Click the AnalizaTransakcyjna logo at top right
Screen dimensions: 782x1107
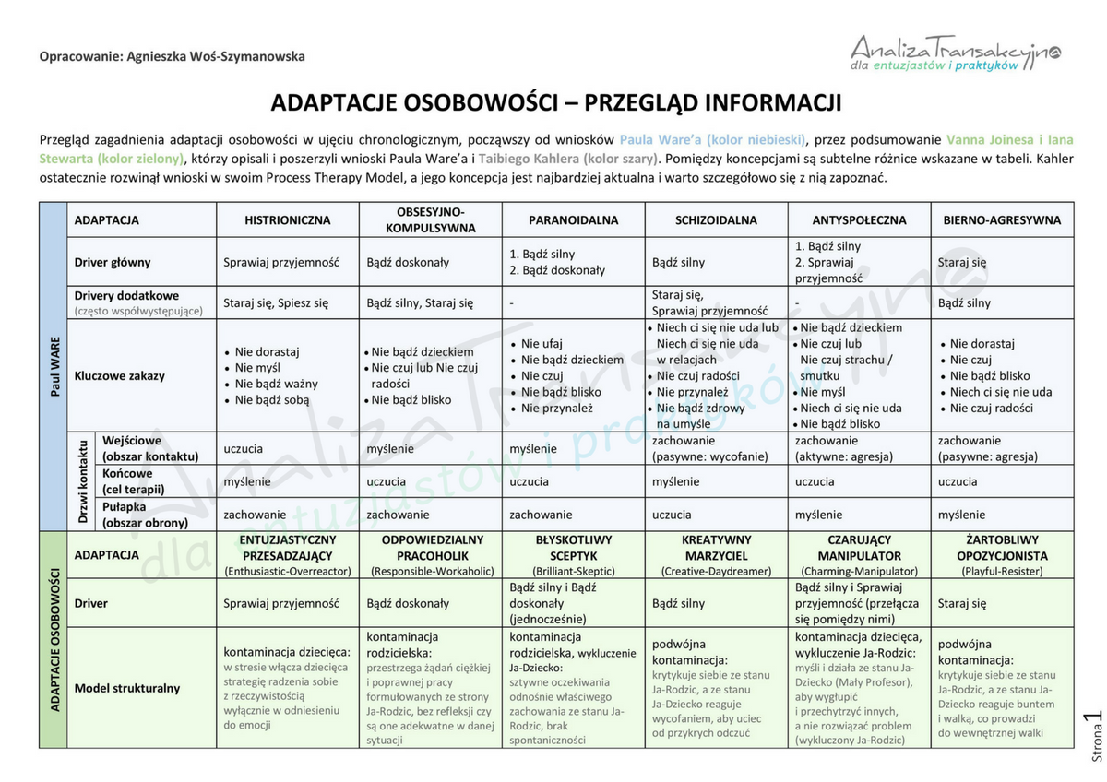tap(956, 52)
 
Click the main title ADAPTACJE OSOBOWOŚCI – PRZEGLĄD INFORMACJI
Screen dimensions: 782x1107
tap(556, 102)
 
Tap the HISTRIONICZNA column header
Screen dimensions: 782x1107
tap(287, 220)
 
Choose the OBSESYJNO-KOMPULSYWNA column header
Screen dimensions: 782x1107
tap(430, 219)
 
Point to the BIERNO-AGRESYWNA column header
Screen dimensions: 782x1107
tap(1002, 220)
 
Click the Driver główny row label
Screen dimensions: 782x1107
tap(112, 262)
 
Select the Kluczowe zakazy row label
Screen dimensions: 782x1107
tap(119, 375)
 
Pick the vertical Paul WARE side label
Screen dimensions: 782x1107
tap(54, 366)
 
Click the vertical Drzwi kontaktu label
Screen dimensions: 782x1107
tap(82, 481)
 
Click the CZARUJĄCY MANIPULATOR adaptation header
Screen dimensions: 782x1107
tap(859, 554)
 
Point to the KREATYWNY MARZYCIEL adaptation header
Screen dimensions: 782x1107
tap(716, 554)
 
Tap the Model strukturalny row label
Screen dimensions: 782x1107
tap(127, 688)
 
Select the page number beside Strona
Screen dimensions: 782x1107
tap(1094, 718)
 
